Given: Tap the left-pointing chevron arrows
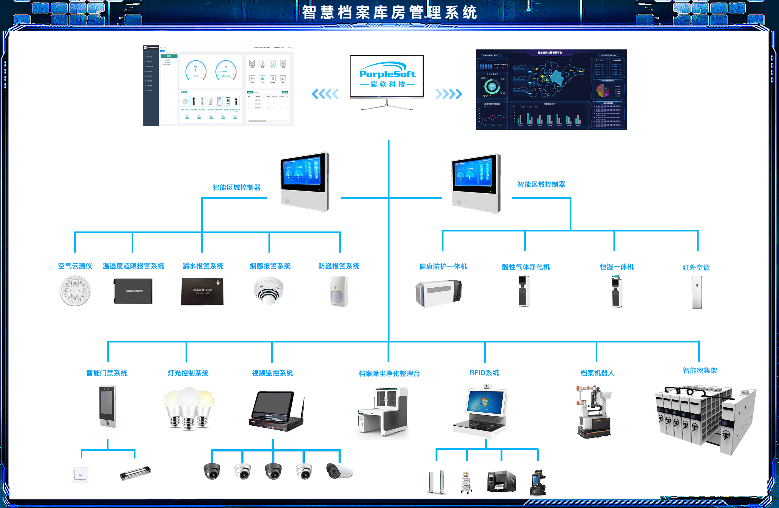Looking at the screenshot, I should coord(325,94).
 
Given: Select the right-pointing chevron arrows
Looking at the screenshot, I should coord(449,94).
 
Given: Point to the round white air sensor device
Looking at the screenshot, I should coord(75,291).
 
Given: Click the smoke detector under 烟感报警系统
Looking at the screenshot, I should coord(268,291).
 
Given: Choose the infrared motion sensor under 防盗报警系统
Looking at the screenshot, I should coord(339,291).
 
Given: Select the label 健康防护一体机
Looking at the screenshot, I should coord(443,267).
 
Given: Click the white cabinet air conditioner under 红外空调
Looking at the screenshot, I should coord(697,292).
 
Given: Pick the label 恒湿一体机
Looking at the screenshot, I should coord(617,267).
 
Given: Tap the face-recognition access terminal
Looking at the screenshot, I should coord(107,406).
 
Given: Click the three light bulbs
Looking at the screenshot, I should coord(189,408).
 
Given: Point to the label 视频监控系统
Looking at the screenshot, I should coord(272,373).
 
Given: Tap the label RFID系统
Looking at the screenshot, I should coord(484,373).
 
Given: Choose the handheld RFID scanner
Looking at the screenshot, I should coord(538,482).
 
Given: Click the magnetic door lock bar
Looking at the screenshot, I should coord(135,473).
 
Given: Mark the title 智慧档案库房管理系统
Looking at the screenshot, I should coord(389,13).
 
